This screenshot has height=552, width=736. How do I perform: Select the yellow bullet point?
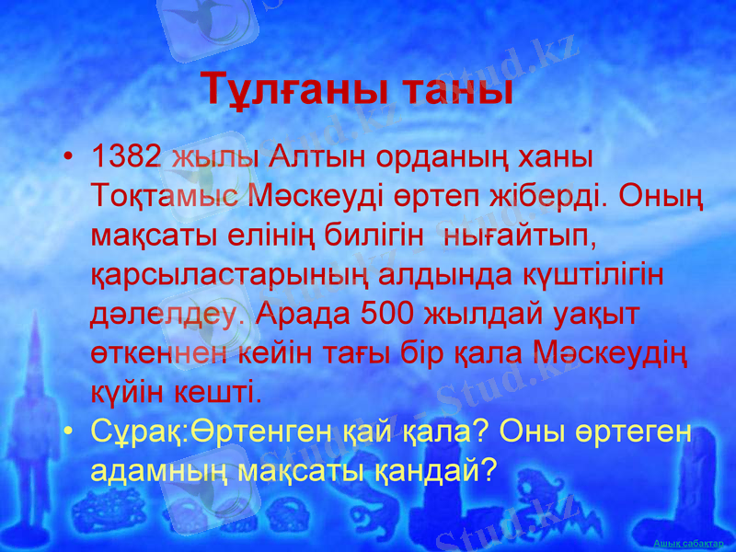pyautogui.click(x=70, y=432)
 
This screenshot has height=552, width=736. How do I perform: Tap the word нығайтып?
pyautogui.click(x=520, y=236)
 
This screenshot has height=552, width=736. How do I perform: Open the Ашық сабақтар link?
pyautogui.click(x=687, y=543)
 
